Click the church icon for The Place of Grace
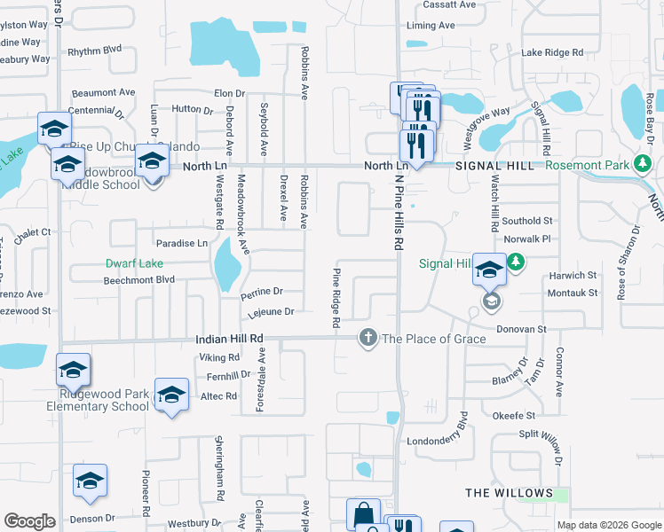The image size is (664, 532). [368, 338]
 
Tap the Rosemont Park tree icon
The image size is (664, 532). [642, 164]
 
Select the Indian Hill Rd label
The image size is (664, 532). [230, 339]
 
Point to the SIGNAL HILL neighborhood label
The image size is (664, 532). [496, 166]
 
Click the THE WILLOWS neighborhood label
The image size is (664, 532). [510, 493]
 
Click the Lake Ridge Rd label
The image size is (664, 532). [552, 53]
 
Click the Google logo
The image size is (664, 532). [30, 521]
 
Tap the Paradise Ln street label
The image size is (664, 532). [181, 243]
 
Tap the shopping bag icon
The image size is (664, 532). [363, 513]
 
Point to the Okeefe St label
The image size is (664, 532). [515, 415]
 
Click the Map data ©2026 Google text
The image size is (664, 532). [608, 525]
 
